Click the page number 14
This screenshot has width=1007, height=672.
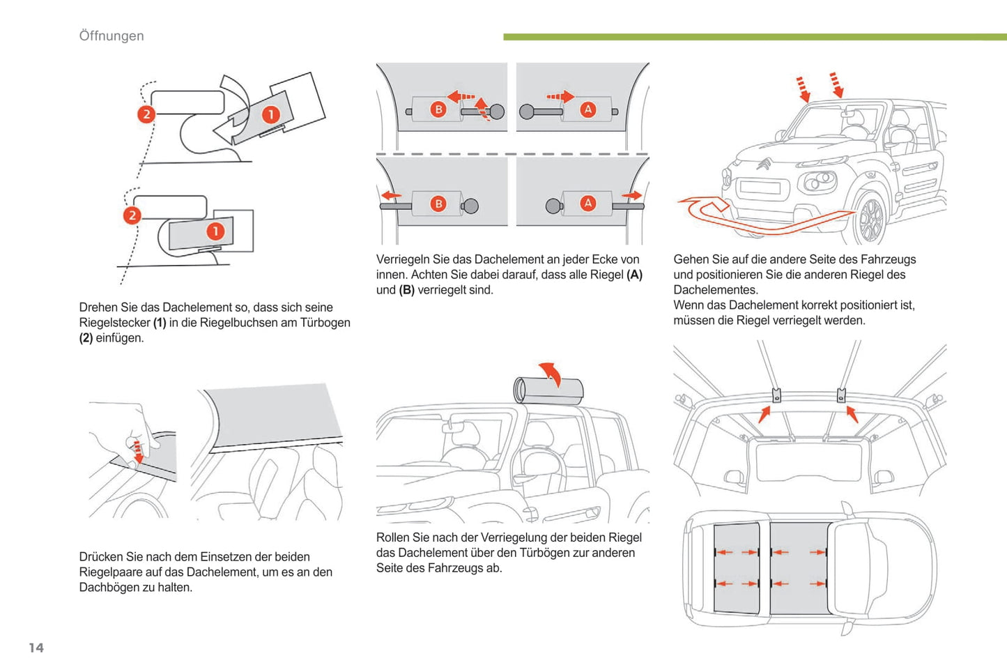(x=36, y=648)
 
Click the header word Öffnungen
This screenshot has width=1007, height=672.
(x=112, y=36)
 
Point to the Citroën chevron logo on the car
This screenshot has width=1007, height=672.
(x=764, y=165)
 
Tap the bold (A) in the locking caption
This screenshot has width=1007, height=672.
(x=634, y=275)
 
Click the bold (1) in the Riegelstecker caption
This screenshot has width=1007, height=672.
(x=160, y=323)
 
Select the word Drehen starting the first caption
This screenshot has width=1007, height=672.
(x=99, y=307)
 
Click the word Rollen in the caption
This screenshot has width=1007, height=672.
(x=394, y=537)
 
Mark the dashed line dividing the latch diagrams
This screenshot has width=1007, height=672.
(x=512, y=153)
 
